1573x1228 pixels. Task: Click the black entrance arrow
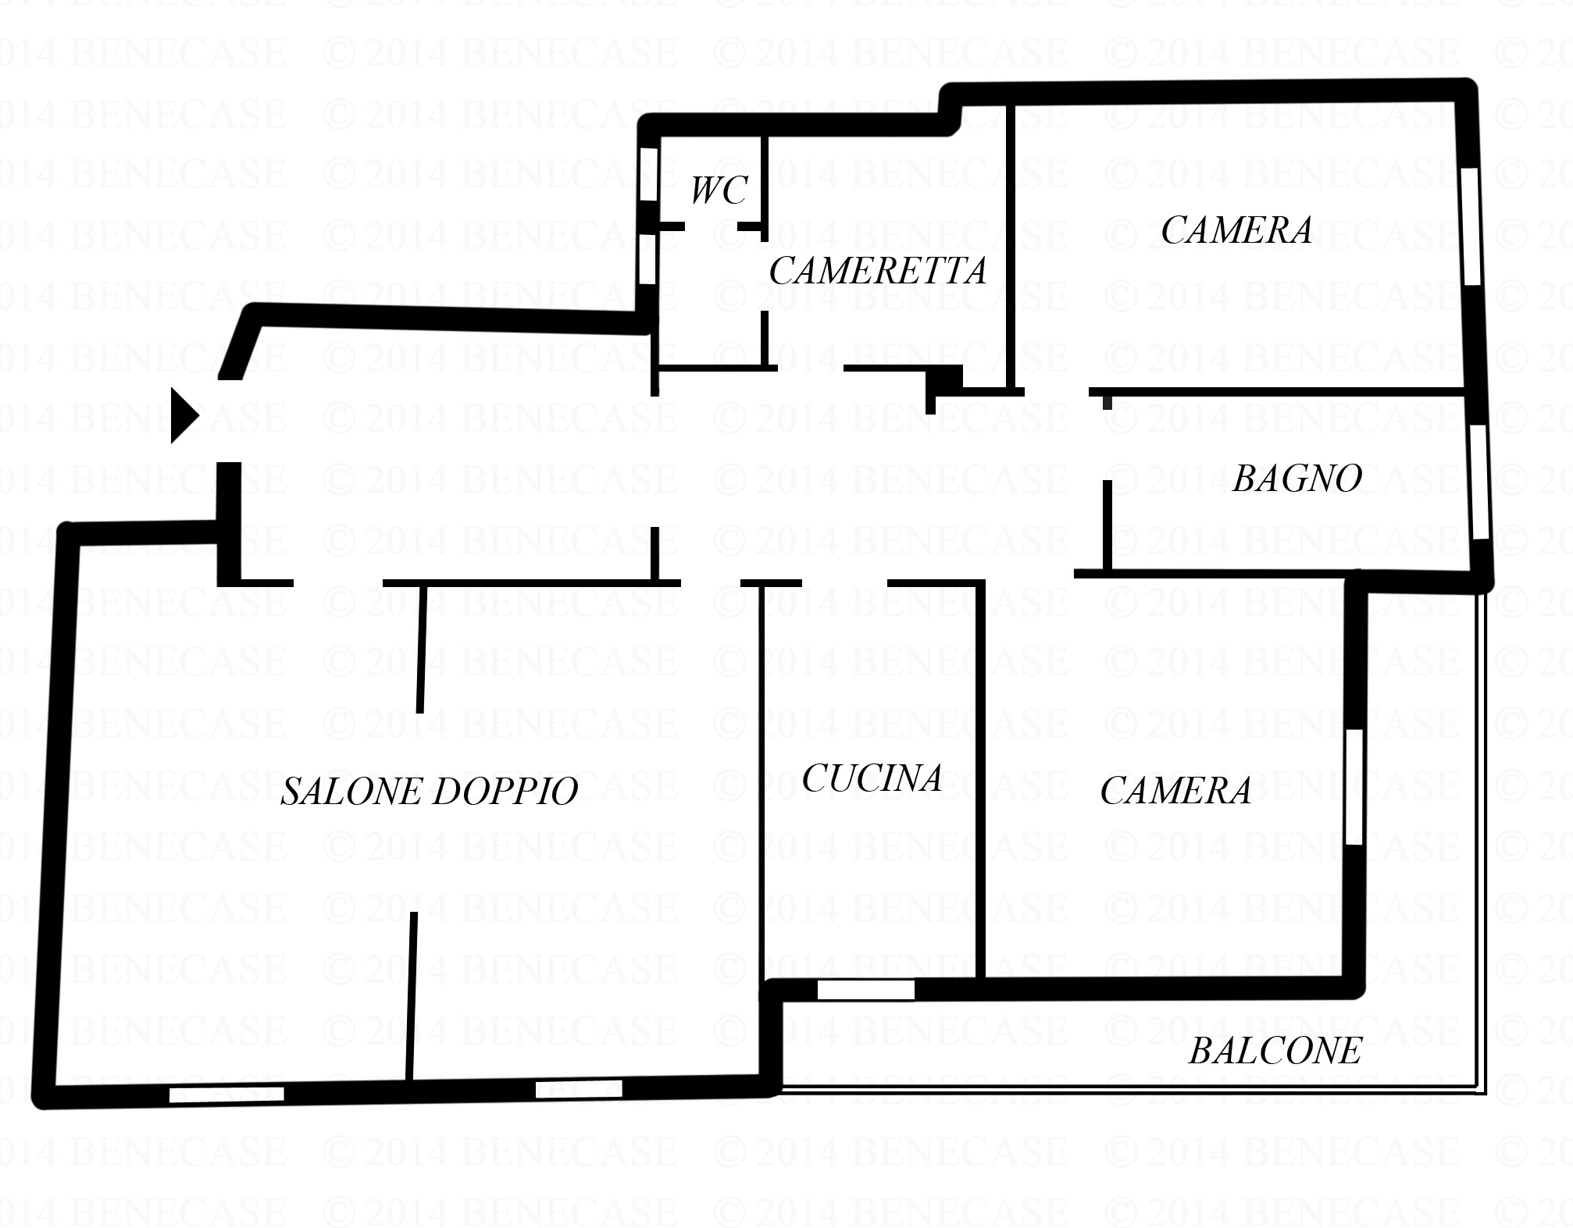(184, 415)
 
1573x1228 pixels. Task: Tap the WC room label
(719, 190)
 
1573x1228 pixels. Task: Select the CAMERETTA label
(878, 271)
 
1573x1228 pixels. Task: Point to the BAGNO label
(1297, 478)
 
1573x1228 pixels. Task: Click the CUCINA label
(872, 778)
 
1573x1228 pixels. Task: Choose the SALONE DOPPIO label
(430, 791)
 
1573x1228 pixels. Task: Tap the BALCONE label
(1275, 1051)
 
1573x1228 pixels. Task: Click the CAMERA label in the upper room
(1236, 230)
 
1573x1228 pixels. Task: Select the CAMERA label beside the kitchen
(1175, 790)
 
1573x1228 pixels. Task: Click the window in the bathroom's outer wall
(1478, 482)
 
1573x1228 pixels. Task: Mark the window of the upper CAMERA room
(1471, 226)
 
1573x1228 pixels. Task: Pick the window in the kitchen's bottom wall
(865, 990)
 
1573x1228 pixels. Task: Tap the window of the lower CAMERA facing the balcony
(1354, 786)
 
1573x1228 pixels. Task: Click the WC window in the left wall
(648, 173)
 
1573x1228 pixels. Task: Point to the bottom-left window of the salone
(226, 1095)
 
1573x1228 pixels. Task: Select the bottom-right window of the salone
(579, 1088)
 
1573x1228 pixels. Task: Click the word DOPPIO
(505, 791)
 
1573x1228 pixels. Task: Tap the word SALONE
(352, 791)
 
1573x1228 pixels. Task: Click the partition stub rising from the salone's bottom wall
(411, 997)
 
